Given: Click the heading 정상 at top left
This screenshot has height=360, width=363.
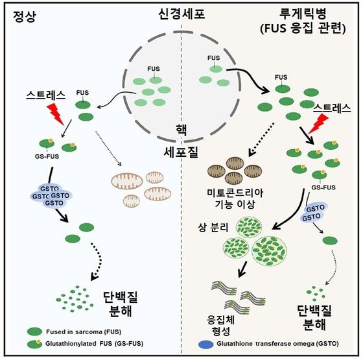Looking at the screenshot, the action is point(25,17).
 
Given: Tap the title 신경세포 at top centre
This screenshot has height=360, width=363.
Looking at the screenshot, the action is point(181,14).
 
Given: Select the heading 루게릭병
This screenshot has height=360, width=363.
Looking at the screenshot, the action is point(303,14).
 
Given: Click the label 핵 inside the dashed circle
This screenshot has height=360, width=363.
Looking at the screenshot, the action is point(181,130).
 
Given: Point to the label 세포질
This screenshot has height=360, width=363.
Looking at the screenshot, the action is point(181,152).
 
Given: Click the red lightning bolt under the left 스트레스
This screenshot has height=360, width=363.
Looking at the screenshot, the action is point(56,114).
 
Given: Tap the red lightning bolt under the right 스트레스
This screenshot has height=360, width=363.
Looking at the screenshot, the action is point(319,124).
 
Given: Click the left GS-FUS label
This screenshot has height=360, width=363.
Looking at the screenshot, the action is point(47,156).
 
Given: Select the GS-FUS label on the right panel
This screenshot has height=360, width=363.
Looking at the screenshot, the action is point(323,187).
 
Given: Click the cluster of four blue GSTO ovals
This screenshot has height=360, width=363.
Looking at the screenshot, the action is point(51,196).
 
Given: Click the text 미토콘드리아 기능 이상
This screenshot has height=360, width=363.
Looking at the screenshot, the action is point(235,198).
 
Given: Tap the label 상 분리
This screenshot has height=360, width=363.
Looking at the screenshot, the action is point(213,228).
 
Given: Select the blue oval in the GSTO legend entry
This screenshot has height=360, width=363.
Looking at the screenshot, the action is point(206,344).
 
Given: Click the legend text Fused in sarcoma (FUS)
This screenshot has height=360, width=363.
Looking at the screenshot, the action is point(84,331).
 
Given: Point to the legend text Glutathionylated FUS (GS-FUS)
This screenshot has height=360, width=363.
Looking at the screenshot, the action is point(94,344).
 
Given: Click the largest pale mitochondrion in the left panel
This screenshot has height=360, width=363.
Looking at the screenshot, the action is point(127,181).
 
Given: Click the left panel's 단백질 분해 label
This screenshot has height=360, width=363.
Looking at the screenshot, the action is point(121,304).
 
